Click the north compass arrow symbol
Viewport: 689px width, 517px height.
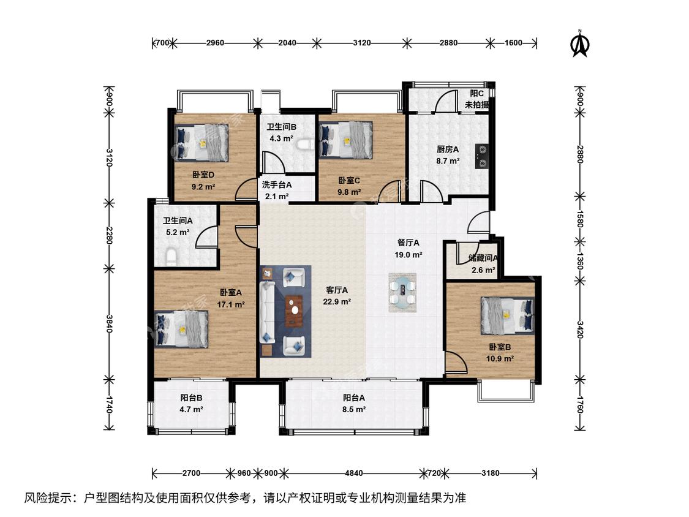click(x=580, y=44)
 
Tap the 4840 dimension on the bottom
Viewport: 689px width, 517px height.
click(x=354, y=473)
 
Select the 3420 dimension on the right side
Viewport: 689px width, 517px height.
click(x=580, y=330)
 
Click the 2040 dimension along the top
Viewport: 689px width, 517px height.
click(x=287, y=43)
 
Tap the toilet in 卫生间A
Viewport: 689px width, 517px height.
click(x=171, y=256)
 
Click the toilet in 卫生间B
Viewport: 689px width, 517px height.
click(x=304, y=145)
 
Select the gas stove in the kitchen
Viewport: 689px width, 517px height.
click(x=481, y=156)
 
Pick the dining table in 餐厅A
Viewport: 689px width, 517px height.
click(x=402, y=293)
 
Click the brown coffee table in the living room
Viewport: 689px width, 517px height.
click(x=294, y=311)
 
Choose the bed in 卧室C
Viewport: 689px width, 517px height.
click(x=346, y=140)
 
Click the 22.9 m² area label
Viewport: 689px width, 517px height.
click(x=337, y=301)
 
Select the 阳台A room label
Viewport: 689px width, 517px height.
click(x=354, y=398)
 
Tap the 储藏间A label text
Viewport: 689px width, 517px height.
click(x=483, y=258)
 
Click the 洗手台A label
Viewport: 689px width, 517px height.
click(x=277, y=184)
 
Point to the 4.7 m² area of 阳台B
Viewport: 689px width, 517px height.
click(x=191, y=409)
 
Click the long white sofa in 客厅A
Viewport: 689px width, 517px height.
click(x=267, y=312)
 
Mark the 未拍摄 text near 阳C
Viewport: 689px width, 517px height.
click(x=476, y=105)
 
